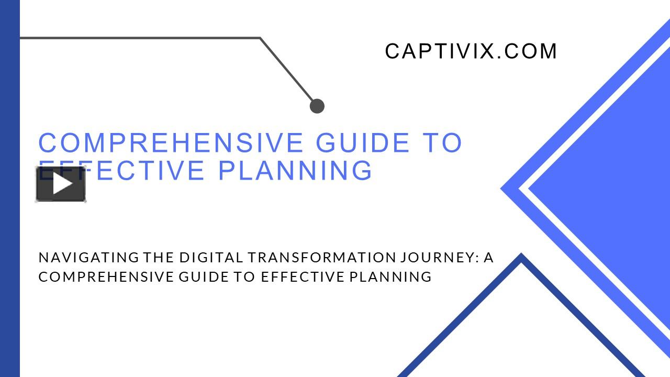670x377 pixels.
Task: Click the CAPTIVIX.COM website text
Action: point(471,51)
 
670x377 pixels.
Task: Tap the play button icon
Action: point(61,183)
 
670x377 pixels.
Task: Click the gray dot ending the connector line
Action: point(317,106)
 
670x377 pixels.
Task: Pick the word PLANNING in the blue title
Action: point(295,171)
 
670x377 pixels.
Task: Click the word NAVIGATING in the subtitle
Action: point(89,258)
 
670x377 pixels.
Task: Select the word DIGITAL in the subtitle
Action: point(211,258)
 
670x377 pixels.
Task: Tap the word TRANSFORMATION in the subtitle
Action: point(321,258)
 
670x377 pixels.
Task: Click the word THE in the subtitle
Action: point(159,258)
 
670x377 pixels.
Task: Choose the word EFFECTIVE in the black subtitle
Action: point(303,277)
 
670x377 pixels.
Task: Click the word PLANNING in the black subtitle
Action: point(390,277)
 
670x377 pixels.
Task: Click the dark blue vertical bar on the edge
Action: point(10,188)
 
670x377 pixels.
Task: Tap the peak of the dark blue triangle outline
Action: point(521,254)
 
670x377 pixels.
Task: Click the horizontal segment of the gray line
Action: point(140,38)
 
